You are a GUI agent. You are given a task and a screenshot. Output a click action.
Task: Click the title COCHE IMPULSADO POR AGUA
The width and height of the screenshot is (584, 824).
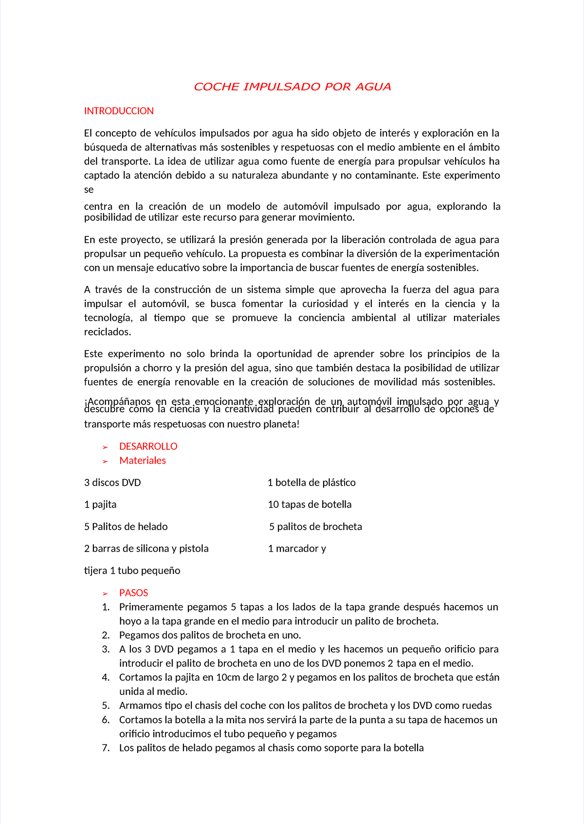(x=292, y=87)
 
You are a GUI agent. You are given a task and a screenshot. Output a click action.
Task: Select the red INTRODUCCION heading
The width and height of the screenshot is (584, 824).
(x=119, y=111)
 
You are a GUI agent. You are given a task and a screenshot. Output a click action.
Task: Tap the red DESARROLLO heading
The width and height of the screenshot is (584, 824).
(x=148, y=446)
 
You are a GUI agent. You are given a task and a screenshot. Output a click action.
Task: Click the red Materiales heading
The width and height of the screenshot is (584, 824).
(x=143, y=460)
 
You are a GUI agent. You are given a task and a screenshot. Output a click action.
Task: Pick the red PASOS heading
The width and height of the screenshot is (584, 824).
(x=133, y=593)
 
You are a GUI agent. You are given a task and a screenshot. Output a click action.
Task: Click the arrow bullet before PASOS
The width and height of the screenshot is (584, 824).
(x=105, y=594)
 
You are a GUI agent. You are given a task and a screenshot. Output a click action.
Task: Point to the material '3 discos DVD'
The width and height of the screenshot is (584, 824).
(x=112, y=483)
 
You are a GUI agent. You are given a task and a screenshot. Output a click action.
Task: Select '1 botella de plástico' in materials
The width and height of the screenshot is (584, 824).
(x=311, y=483)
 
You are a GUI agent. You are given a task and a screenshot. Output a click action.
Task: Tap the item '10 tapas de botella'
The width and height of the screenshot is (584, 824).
(x=310, y=505)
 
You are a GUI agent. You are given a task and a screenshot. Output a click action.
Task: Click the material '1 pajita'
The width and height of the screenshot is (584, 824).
(x=100, y=505)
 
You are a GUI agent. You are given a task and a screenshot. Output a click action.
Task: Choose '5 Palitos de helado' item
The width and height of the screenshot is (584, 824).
(x=126, y=526)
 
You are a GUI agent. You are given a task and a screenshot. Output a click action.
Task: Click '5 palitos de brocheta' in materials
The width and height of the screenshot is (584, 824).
(x=315, y=526)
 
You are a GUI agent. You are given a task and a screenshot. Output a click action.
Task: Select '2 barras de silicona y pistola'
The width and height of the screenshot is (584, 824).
(x=146, y=548)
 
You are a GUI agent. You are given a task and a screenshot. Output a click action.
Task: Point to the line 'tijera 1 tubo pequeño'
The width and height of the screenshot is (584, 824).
(x=132, y=571)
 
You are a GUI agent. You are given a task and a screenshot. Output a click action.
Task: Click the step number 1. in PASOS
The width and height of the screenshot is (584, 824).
(x=106, y=607)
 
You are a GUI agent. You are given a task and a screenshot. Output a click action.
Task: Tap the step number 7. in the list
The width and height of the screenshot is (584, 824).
(x=106, y=748)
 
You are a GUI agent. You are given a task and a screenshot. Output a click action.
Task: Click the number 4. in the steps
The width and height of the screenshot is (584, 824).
(x=106, y=678)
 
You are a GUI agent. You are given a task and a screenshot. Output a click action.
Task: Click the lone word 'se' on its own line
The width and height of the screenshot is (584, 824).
(x=89, y=190)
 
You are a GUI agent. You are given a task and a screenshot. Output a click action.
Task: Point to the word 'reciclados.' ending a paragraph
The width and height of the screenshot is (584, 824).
(x=108, y=332)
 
